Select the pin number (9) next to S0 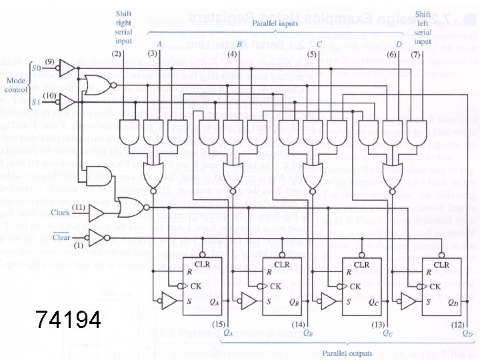49,62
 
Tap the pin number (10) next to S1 49,97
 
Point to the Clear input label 61,237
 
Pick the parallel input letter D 399,44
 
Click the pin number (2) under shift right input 116,53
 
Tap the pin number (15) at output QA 218,324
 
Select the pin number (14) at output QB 298,324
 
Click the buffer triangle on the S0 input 67,67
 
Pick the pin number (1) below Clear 78,245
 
